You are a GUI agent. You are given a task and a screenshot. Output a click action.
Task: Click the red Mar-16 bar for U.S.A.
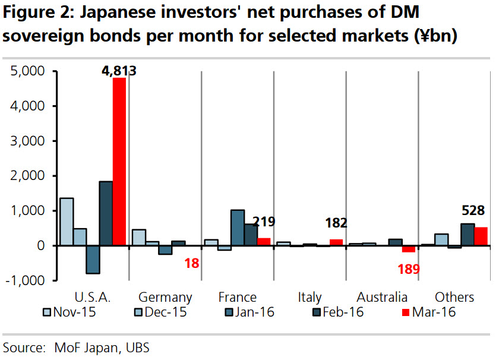[119, 162]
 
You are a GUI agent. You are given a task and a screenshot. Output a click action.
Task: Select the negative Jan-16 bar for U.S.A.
[93, 260]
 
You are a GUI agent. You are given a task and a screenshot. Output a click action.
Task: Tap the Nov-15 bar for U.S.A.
[67, 222]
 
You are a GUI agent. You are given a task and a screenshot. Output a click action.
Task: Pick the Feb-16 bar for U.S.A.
[106, 213]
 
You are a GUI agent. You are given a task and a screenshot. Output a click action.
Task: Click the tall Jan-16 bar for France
[238, 228]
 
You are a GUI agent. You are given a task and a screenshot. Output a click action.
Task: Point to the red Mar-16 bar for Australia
[409, 249]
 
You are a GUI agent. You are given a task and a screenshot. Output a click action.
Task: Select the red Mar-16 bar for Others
[481, 236]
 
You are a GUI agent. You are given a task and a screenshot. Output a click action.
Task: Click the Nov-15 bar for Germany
[139, 238]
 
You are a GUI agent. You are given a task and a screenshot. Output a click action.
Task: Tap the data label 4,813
[119, 71]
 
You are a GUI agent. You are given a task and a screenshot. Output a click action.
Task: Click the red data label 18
[192, 263]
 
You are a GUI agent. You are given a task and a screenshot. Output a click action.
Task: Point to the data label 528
[473, 210]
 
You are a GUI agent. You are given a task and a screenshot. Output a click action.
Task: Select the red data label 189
[409, 269]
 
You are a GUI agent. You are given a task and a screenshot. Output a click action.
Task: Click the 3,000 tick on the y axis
[28, 141]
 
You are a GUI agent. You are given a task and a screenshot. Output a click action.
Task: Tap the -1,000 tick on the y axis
[25, 280]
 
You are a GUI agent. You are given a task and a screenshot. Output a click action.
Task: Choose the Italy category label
[309, 297]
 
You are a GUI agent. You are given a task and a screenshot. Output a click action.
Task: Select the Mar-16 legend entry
[429, 312]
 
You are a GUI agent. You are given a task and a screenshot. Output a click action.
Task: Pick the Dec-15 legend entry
[160, 312]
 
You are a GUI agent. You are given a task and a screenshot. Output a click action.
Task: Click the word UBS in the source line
[137, 348]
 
